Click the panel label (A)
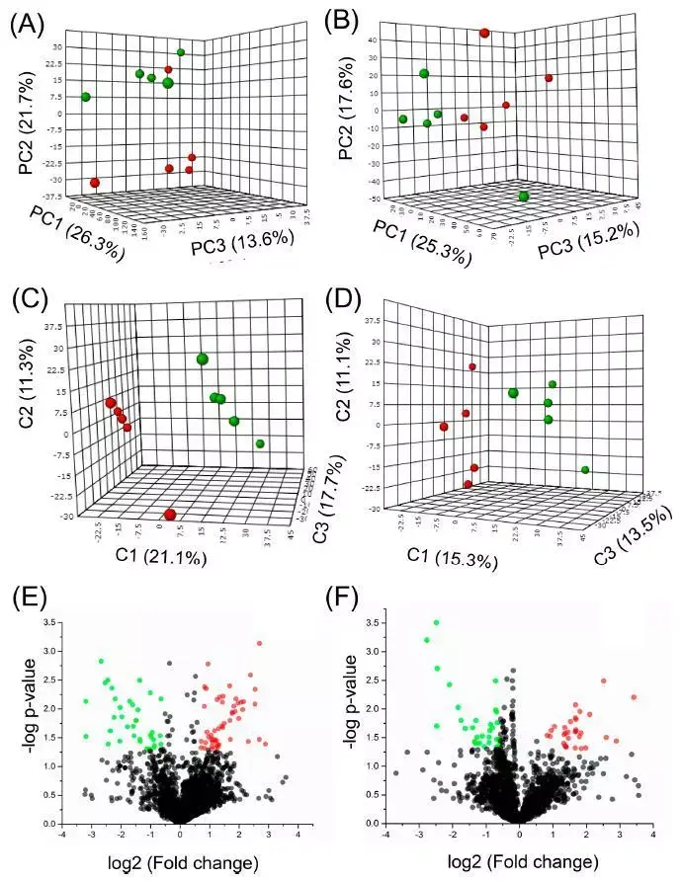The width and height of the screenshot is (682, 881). [27, 23]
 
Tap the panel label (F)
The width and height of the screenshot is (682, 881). [366, 599]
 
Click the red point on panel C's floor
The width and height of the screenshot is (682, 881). [171, 515]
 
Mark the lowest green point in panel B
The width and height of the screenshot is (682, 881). [523, 197]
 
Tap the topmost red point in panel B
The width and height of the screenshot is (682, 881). [484, 34]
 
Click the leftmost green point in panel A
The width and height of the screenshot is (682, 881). [86, 97]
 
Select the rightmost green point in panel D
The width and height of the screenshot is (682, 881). [585, 470]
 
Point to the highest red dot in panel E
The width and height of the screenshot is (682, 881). [260, 644]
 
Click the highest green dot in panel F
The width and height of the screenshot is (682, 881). [436, 622]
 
